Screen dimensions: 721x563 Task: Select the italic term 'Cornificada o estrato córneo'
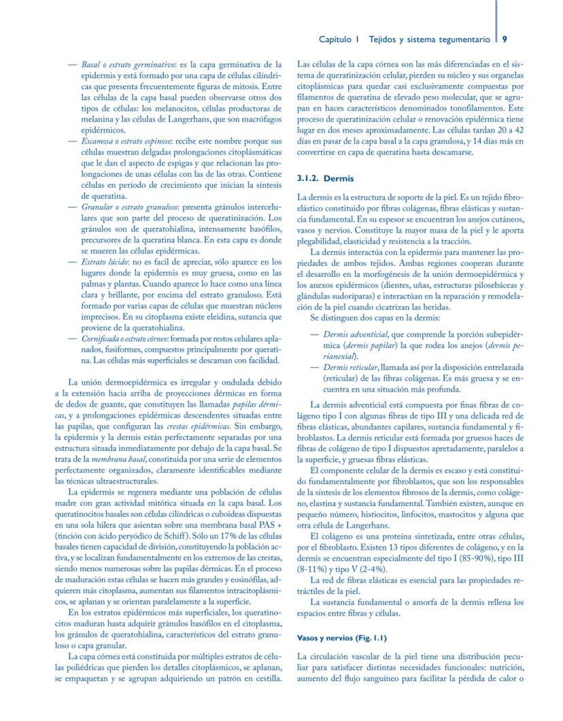click(129, 338)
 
